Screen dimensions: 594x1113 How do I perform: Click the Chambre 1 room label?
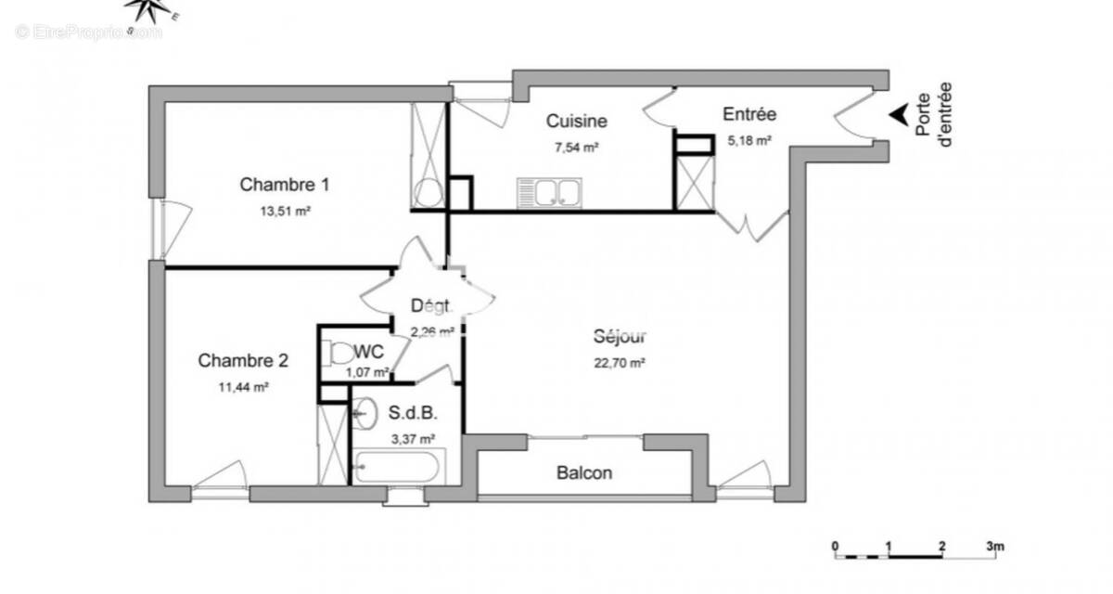[x=285, y=185]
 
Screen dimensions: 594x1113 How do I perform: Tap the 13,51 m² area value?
[x=285, y=211]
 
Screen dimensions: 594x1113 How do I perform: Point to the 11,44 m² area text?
[x=243, y=387]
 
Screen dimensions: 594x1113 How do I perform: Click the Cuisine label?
[x=576, y=121]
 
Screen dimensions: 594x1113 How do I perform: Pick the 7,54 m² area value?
[x=576, y=146]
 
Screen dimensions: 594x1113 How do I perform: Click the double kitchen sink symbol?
[x=549, y=193]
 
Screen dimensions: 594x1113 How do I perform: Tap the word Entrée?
[x=749, y=114]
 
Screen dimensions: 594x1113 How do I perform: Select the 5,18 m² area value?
[x=749, y=140]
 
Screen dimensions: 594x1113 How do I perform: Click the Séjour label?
[x=620, y=337]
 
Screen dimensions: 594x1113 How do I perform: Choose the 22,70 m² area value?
[x=620, y=363]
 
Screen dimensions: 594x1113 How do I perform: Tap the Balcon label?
[x=584, y=473]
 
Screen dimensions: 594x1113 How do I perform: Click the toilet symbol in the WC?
[x=339, y=353]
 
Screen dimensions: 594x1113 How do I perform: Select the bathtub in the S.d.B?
[x=399, y=467]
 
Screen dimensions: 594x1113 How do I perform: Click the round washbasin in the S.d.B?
[x=364, y=411]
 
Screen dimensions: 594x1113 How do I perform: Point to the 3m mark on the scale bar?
[x=994, y=546]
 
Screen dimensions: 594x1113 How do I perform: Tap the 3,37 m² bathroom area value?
[x=413, y=438]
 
